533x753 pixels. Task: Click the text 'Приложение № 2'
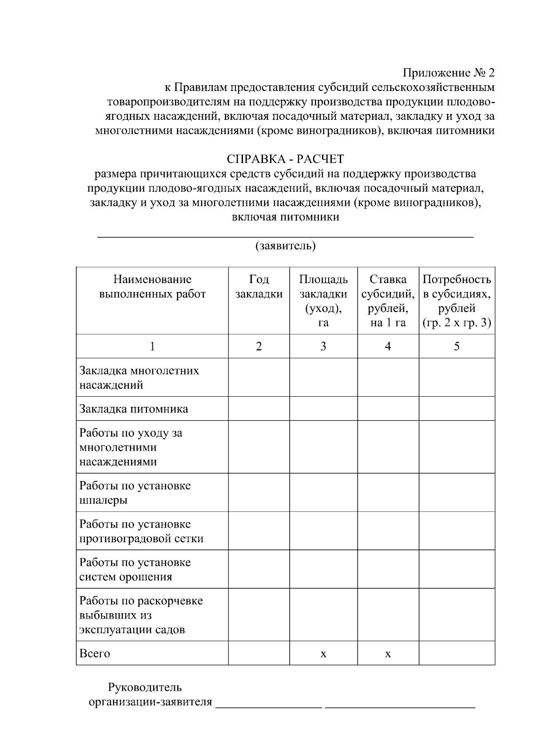(448, 72)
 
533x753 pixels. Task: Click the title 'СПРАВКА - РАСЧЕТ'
(285, 159)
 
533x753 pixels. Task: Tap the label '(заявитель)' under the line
(285, 246)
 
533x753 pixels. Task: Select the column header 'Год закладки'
(259, 287)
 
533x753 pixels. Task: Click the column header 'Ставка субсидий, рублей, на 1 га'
(388, 301)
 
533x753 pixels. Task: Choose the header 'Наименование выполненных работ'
(152, 287)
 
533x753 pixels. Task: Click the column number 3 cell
(323, 347)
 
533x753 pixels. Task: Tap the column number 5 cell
(457, 347)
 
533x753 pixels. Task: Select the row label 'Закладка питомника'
(134, 409)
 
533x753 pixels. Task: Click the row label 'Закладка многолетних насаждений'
(139, 378)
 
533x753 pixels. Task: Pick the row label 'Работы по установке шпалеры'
(135, 493)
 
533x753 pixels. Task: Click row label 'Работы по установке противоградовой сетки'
(141, 531)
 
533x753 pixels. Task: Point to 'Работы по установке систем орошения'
(135, 570)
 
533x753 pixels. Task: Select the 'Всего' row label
(95, 654)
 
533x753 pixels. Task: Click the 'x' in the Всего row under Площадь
(323, 654)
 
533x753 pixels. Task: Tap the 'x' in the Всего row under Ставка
(388, 654)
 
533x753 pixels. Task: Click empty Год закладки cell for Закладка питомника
(259, 409)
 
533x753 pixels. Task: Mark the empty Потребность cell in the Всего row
(457, 653)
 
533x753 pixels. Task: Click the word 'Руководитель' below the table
(145, 688)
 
